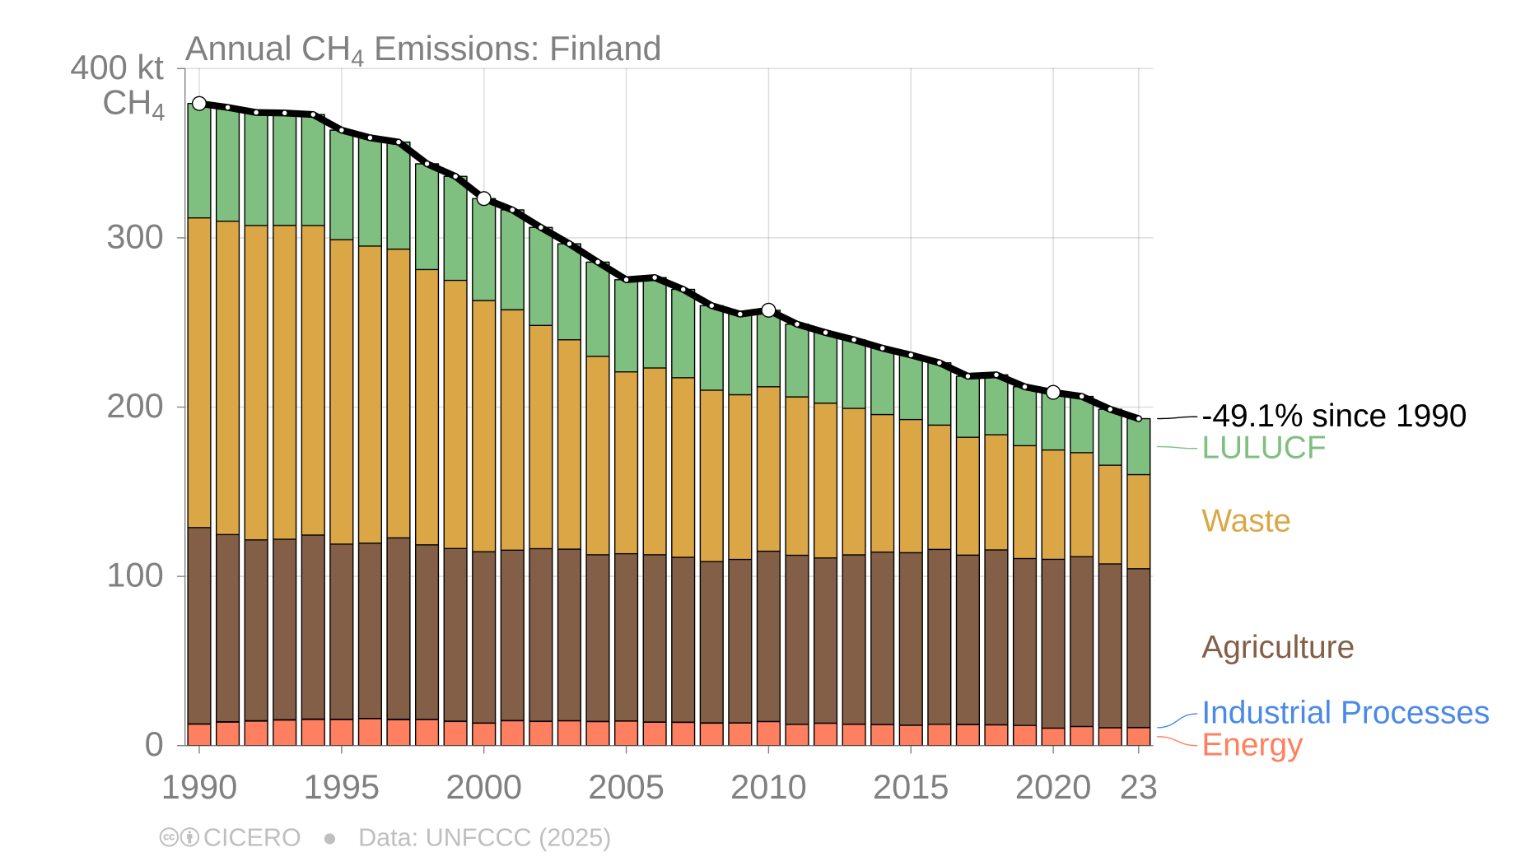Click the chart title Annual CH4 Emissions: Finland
coord(423,49)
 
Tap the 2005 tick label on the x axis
coord(626,788)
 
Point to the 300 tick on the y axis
coord(135,238)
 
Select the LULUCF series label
coord(1263,448)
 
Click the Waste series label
coord(1245,521)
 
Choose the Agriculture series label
coord(1277,647)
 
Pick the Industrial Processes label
coord(1345,713)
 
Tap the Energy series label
coord(1252,745)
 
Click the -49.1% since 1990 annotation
coord(1333,417)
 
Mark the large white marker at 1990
coord(199,104)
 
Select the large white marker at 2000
coord(484,198)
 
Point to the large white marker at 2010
coord(768,310)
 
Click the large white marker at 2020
coord(1053,392)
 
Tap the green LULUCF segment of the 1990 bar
coord(199,161)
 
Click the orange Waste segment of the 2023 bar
coord(1139,521)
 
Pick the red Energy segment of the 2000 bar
coord(484,734)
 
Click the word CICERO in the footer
coord(251,838)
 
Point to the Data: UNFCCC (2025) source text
coord(484,838)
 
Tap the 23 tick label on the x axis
coord(1139,788)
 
